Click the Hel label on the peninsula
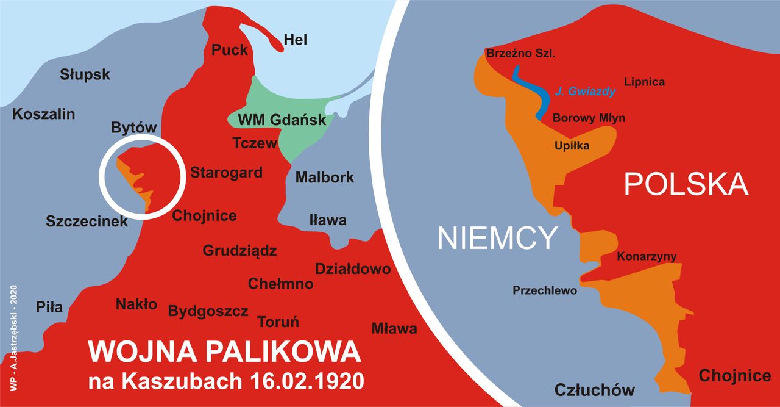(296, 40)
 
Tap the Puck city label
(230, 49)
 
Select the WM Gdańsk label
(282, 120)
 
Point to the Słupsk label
(85, 74)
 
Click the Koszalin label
(44, 113)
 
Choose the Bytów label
(134, 128)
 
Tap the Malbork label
(324, 178)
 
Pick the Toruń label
(278, 322)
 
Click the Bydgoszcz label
(208, 311)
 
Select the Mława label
(394, 329)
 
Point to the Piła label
(49, 307)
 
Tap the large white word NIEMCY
(497, 238)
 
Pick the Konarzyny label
(647, 256)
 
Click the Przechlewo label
(544, 290)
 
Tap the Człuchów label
(594, 389)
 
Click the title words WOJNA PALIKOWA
(224, 353)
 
